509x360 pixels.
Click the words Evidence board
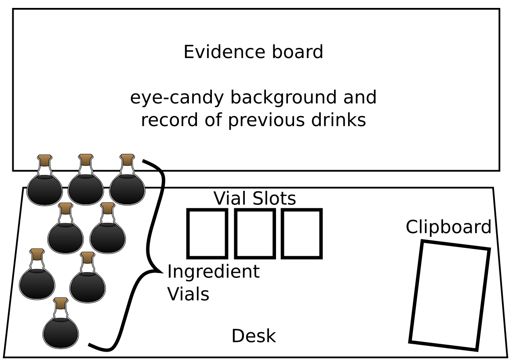pyautogui.click(x=253, y=52)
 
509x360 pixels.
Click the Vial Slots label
pyautogui.click(x=255, y=199)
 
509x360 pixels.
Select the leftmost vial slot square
pyautogui.click(x=207, y=233)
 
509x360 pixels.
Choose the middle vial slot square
pyautogui.click(x=255, y=233)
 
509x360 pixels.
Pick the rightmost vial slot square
pyautogui.click(x=302, y=233)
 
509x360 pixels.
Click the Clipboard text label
pyautogui.click(x=448, y=227)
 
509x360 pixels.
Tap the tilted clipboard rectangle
pyautogui.click(x=450, y=295)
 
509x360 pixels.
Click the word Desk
pyautogui.click(x=254, y=336)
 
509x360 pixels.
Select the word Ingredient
pyautogui.click(x=213, y=272)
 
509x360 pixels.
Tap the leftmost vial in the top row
pyautogui.click(x=44, y=187)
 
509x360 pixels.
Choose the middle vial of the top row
pyautogui.click(x=86, y=187)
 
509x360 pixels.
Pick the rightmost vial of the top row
pyautogui.click(x=127, y=187)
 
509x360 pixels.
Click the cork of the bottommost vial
pyautogui.click(x=61, y=302)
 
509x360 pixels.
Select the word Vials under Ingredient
pyautogui.click(x=188, y=294)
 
